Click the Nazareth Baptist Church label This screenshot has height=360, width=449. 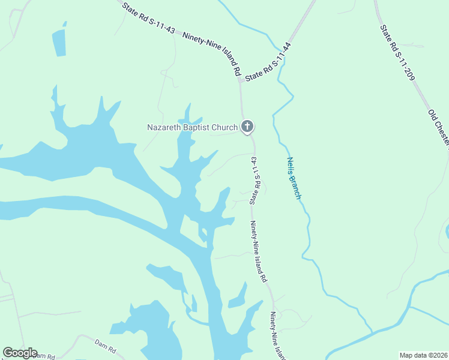[x=193, y=127]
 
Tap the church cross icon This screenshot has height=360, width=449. [x=247, y=127]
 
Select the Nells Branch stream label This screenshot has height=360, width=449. [x=293, y=178]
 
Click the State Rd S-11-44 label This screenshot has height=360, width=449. [x=268, y=62]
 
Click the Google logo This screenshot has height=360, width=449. [x=19, y=353]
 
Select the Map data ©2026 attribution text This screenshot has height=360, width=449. [x=424, y=355]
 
